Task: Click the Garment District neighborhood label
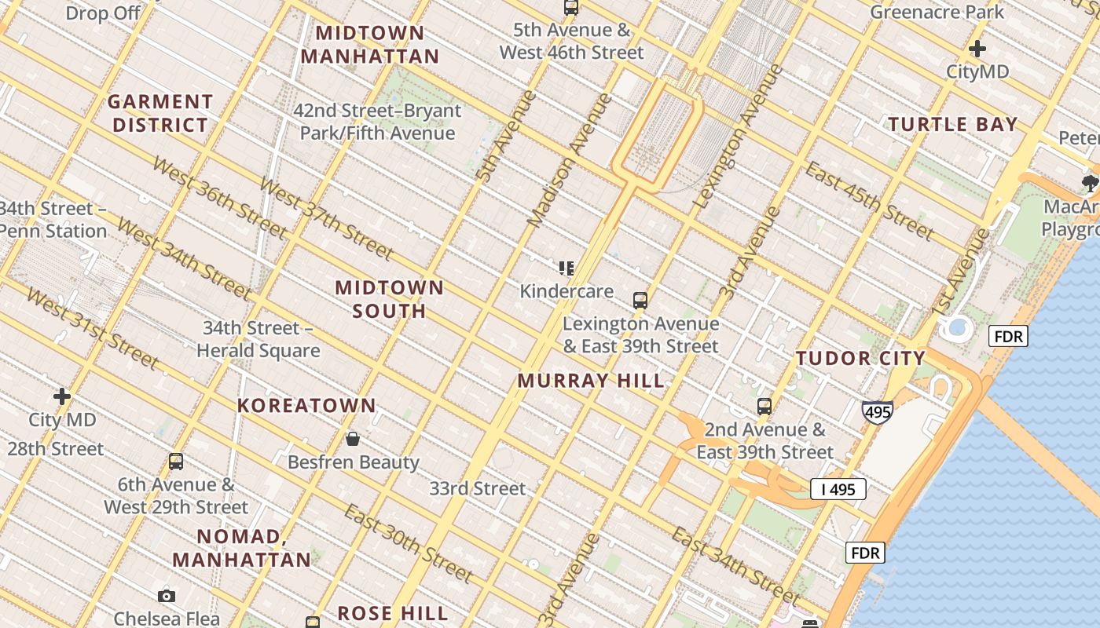(x=160, y=113)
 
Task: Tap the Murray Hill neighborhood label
(x=591, y=382)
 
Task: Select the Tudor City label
(x=860, y=359)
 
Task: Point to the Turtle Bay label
(x=952, y=124)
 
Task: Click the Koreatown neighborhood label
(x=307, y=406)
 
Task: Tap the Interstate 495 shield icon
(x=877, y=411)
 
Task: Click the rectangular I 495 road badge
(x=838, y=489)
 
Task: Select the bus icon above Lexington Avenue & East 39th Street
(x=640, y=300)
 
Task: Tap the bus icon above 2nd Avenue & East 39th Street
(x=764, y=407)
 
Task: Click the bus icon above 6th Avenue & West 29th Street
(x=176, y=462)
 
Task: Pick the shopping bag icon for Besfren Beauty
(x=353, y=438)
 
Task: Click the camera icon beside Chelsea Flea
(x=166, y=596)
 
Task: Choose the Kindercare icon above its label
(x=566, y=268)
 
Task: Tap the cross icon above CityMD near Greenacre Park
(x=977, y=49)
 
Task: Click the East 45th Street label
(x=870, y=201)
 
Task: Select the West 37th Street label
(x=325, y=219)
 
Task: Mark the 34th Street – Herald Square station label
(x=258, y=339)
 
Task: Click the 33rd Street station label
(x=477, y=488)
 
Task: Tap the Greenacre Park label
(x=937, y=12)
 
